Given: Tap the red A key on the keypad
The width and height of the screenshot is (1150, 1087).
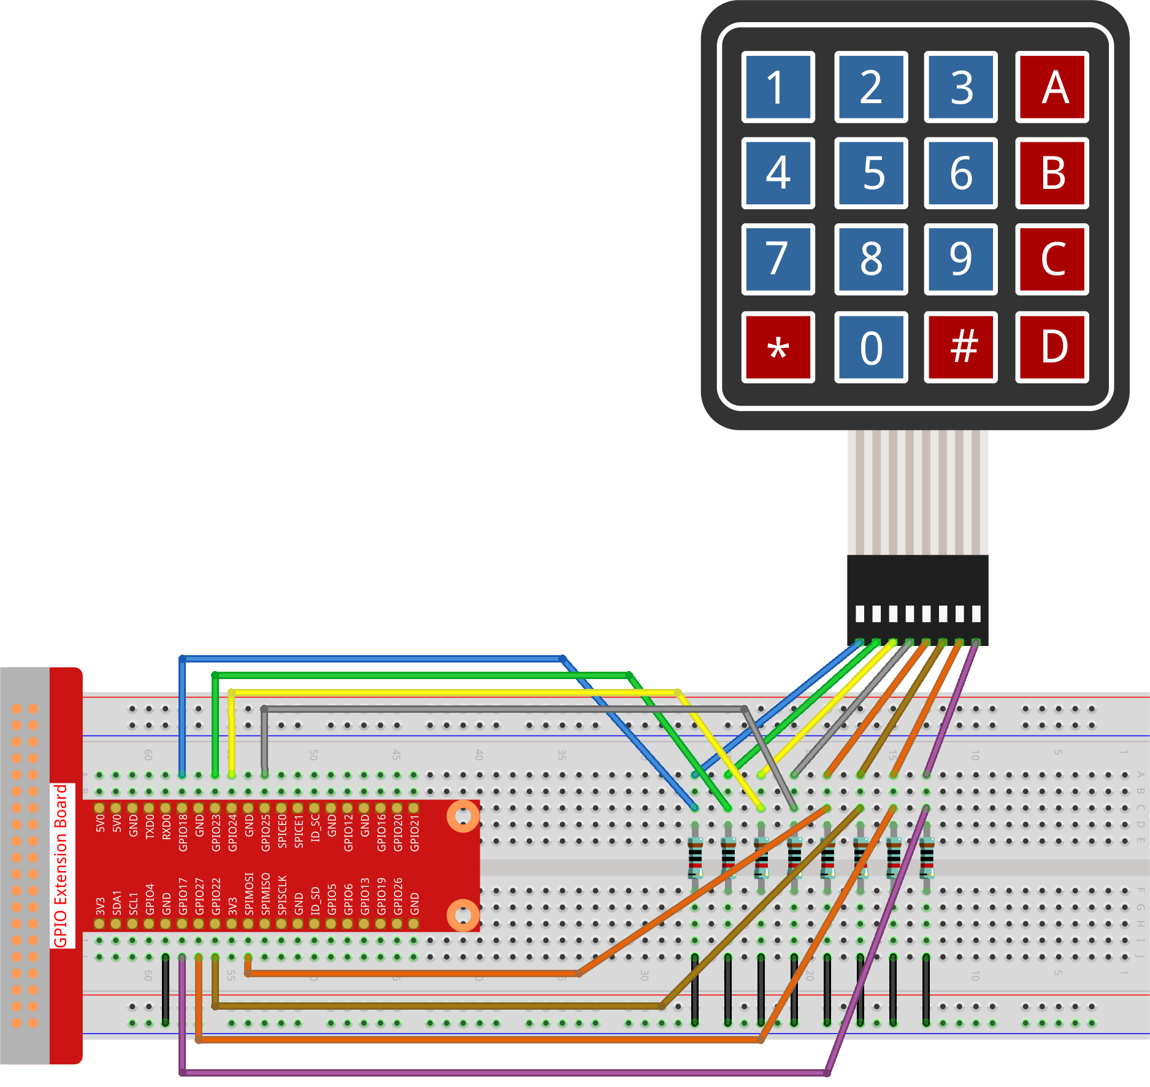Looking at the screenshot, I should tap(1052, 87).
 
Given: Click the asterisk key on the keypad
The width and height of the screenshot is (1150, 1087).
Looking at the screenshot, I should tap(778, 348).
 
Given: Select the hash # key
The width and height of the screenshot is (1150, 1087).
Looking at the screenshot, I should tap(961, 348).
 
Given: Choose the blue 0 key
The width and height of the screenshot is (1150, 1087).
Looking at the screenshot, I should tap(871, 348).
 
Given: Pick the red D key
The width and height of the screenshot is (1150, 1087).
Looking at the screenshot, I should tap(1052, 348).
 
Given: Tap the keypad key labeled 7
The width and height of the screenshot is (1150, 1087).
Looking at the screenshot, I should tap(778, 259).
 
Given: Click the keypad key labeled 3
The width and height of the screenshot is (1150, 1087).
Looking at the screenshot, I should tap(961, 87).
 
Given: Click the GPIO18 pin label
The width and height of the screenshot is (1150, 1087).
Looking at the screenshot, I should tap(183, 833).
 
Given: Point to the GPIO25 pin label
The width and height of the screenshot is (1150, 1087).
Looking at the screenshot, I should tap(266, 833).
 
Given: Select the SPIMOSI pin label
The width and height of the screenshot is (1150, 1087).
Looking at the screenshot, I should tap(249, 894).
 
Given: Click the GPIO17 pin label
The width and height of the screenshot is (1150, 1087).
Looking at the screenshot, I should tap(183, 896).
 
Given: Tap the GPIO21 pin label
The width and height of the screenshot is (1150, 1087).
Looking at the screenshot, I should tap(415, 833).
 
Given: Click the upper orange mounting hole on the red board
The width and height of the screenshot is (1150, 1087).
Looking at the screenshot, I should tap(463, 816).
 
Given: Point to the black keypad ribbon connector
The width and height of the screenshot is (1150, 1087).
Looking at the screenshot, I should tap(917, 598).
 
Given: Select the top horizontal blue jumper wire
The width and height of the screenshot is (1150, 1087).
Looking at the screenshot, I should tap(368, 658).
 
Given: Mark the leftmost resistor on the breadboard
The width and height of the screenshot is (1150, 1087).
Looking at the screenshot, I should tap(695, 857).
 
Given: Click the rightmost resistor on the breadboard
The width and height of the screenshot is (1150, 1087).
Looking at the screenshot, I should tap(927, 857).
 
